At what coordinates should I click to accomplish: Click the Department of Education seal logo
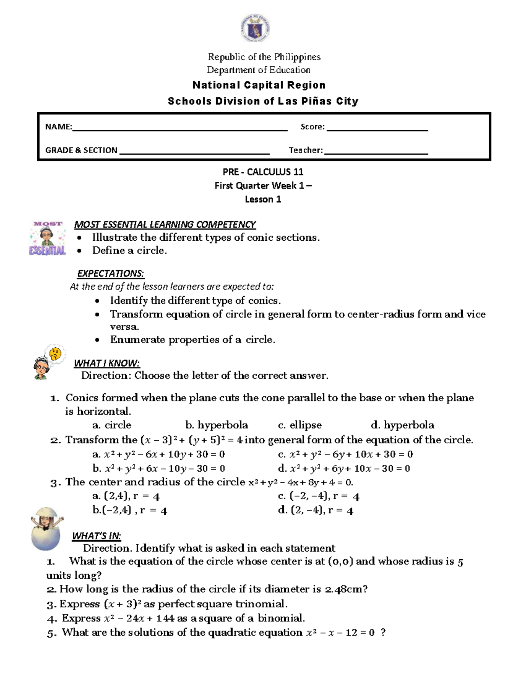click(x=255, y=29)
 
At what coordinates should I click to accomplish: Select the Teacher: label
click(x=306, y=150)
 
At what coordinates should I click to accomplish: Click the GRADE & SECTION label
click(x=81, y=150)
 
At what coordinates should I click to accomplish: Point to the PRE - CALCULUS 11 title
click(x=263, y=172)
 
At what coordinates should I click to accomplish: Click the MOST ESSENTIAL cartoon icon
click(x=47, y=239)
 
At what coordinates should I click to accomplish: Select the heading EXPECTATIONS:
click(x=110, y=274)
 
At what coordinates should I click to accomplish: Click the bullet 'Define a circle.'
click(x=129, y=250)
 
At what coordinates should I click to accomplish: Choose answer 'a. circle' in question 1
click(x=112, y=425)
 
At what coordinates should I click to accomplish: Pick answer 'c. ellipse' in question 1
click(x=300, y=425)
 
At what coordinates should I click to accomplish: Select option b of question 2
click(x=159, y=468)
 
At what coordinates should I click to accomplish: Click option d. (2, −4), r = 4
click(x=316, y=510)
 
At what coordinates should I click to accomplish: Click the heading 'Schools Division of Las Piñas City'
click(x=263, y=101)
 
